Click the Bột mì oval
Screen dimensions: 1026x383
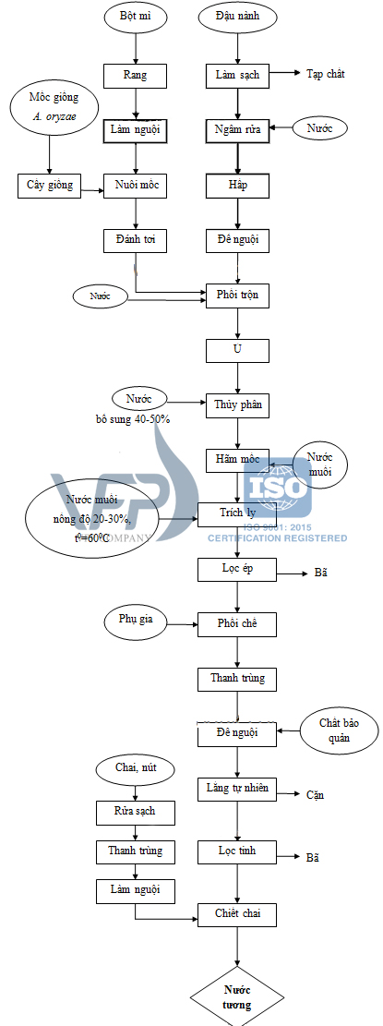[136, 18]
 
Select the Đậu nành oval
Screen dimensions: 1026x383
[238, 18]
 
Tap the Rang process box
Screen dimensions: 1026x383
[136, 75]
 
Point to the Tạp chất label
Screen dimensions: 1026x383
[325, 74]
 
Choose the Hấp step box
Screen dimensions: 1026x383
[238, 186]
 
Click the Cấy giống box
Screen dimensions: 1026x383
[50, 185]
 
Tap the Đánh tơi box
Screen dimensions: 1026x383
[136, 240]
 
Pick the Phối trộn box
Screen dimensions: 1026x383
[238, 296]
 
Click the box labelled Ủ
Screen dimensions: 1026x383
[238, 351]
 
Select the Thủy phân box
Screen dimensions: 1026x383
[238, 404]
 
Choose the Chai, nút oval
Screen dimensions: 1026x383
[135, 767]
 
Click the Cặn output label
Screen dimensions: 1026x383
[314, 769]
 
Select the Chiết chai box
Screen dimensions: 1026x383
[238, 914]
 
